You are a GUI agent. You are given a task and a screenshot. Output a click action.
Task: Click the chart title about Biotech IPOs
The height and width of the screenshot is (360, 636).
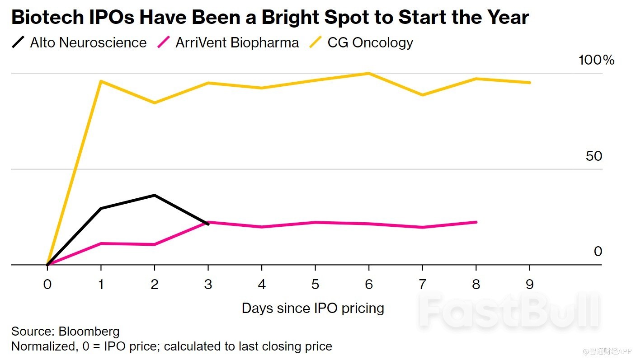tap(270, 18)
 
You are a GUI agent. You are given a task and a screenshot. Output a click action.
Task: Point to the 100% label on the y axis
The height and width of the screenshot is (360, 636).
tap(596, 60)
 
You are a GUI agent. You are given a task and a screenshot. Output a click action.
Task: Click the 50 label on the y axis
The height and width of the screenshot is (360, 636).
tap(594, 156)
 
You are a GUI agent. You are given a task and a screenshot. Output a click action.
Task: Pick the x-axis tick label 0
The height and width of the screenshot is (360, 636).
tap(47, 285)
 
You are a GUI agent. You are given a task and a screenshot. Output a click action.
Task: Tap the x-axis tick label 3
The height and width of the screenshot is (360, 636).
tap(208, 285)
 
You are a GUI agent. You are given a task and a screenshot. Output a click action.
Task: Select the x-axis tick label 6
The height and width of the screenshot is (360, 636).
tap(369, 285)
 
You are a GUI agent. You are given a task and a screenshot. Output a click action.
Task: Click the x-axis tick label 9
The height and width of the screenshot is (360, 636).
tap(529, 285)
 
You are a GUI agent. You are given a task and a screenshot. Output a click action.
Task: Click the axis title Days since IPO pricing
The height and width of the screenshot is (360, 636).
tap(313, 308)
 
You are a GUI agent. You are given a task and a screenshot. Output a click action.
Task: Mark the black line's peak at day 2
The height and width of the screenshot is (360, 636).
tap(155, 195)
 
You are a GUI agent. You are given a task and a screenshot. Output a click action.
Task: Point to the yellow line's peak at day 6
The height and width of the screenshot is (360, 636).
tap(369, 73)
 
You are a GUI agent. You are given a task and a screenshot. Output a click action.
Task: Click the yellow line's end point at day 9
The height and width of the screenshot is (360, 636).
tap(530, 83)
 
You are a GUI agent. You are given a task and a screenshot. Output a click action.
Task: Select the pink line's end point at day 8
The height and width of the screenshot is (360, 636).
tap(476, 222)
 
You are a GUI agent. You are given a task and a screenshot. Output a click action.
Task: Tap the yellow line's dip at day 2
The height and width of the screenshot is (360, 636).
tap(155, 103)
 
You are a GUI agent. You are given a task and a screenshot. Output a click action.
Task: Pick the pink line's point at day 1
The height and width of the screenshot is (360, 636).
tap(101, 243)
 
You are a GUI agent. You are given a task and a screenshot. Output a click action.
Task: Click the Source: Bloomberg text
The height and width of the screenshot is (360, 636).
tap(65, 331)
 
